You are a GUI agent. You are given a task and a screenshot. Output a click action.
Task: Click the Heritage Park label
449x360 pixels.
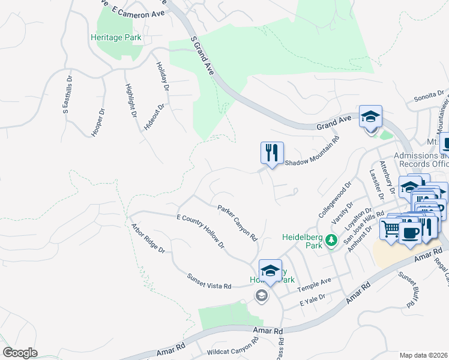pyautogui.click(x=116, y=37)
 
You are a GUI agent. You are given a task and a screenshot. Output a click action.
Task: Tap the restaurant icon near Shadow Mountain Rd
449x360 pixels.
pyautogui.click(x=272, y=152)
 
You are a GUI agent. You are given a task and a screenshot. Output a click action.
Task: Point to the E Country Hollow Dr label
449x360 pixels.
pyautogui.click(x=200, y=231)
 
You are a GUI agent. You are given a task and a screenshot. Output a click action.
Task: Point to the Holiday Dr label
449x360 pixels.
pyautogui.click(x=163, y=77)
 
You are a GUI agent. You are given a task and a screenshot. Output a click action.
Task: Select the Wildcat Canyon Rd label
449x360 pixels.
pyautogui.click(x=232, y=349)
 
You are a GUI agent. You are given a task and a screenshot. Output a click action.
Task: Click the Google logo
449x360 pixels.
pyautogui.click(x=20, y=353)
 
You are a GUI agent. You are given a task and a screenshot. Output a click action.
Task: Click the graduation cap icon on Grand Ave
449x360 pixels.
pyautogui.click(x=371, y=116)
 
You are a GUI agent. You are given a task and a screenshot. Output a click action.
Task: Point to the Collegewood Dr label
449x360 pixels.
pyautogui.click(x=334, y=200)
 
